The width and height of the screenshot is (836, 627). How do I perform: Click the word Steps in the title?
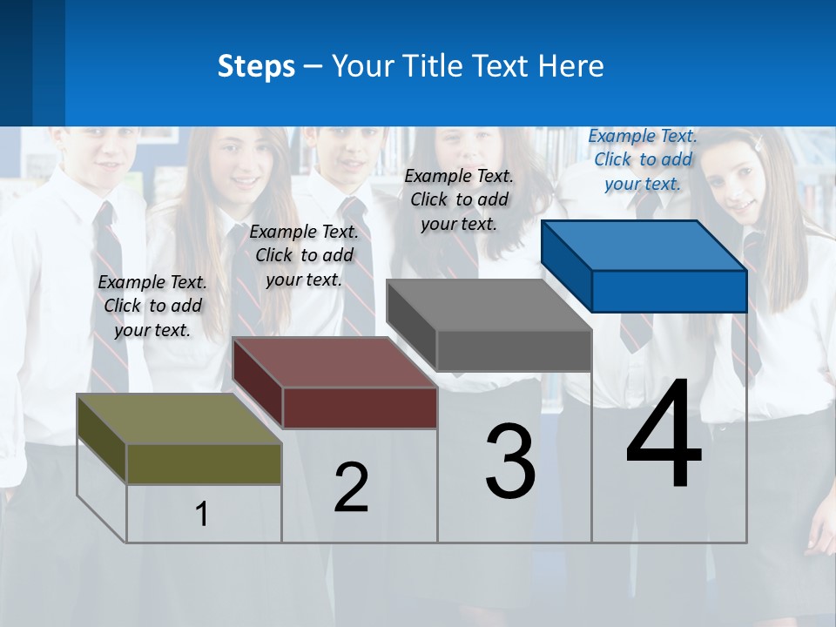point(255,66)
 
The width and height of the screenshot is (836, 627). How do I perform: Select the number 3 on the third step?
point(510,462)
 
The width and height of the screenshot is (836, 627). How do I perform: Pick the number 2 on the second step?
point(351,488)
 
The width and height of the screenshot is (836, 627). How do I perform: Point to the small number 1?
point(201,514)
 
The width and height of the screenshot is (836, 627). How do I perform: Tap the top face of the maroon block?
point(335,361)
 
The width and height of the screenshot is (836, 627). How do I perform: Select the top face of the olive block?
point(179,418)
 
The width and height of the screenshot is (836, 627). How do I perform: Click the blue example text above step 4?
point(643,159)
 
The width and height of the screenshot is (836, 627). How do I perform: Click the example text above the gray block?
point(459,199)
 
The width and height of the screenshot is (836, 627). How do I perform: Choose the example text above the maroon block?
point(304,255)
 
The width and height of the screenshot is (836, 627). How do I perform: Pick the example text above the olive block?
point(152,306)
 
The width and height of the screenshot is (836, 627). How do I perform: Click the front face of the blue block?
point(669,291)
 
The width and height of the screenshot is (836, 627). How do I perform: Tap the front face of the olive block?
point(204,463)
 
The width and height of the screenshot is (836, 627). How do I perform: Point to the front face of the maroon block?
point(360,408)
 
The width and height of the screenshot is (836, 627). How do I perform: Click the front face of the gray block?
point(514,350)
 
